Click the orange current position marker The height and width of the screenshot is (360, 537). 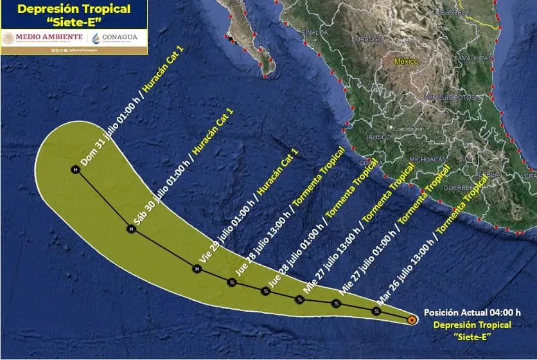(412, 318)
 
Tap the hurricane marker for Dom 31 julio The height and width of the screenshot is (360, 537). (75, 170)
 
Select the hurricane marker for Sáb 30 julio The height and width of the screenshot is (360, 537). (131, 229)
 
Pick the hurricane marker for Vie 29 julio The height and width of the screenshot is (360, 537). (197, 269)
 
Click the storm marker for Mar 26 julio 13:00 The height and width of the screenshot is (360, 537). (376, 311)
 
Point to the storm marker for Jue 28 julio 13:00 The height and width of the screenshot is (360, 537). (231, 282)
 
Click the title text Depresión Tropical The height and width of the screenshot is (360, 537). (74, 9)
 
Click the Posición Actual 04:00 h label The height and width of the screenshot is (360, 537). (472, 313)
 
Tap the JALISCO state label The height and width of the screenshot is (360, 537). (378, 137)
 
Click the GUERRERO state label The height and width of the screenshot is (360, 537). (459, 188)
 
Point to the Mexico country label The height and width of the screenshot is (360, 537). (406, 62)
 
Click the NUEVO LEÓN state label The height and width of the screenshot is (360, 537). (451, 12)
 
